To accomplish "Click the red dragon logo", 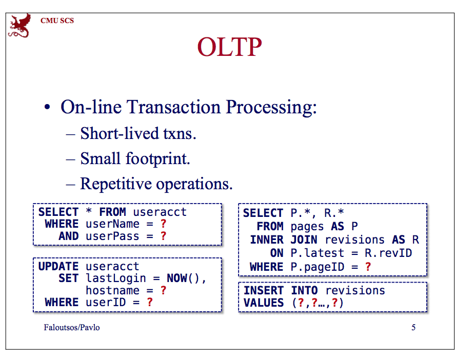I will click(18, 26).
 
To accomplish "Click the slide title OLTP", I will click(229, 48).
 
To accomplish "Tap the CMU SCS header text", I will click(57, 21).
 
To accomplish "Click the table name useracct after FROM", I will click(160, 212).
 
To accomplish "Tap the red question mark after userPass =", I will click(164, 236).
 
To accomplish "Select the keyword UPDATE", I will click(58, 267).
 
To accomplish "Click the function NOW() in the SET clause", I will click(185, 278).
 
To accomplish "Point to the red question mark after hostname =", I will click(163, 290).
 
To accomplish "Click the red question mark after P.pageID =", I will click(368, 267).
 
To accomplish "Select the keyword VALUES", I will click(263, 303).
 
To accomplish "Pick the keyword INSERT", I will click(263, 291).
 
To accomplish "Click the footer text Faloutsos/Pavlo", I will click(72, 327).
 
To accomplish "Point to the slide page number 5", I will click(413, 327).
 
